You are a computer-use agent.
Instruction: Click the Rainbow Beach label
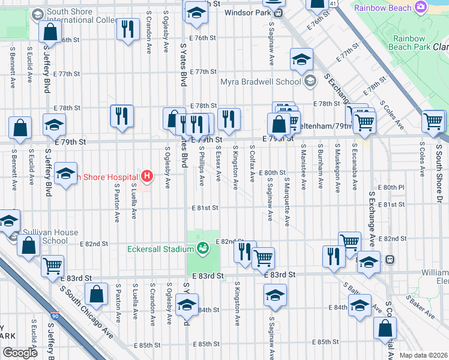coord(383,8)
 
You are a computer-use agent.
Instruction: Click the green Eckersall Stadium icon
coord(203,247)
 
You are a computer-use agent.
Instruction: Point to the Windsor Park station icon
coord(278,12)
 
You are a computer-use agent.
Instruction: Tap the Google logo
coord(19,352)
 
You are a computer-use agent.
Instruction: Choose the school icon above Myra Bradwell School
coord(301,58)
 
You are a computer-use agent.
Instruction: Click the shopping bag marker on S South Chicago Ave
coord(96,294)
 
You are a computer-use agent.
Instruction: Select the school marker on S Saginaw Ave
coord(275,295)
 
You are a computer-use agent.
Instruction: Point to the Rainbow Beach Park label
coord(409,42)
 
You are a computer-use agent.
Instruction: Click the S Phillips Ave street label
coord(202,169)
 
